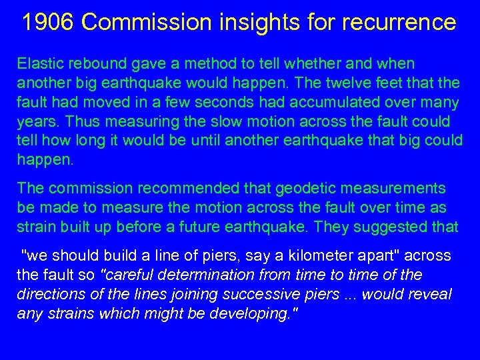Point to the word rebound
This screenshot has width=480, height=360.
pos(89,64)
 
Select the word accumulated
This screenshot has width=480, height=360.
pos(345,103)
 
